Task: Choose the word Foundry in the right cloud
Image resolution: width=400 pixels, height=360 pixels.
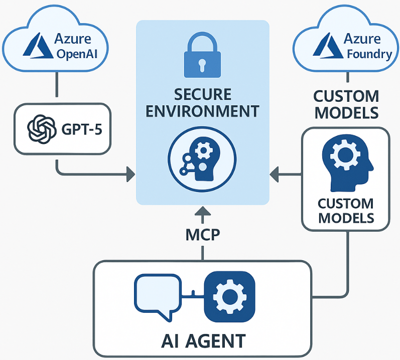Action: (368, 53)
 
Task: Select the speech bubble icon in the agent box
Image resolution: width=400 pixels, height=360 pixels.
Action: (158, 296)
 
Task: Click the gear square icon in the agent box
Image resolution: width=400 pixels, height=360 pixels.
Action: (229, 296)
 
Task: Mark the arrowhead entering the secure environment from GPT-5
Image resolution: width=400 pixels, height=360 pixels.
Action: (130, 174)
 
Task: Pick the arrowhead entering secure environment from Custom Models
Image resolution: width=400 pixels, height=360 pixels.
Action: (274, 174)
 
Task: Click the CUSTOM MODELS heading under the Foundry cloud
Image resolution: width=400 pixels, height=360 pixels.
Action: (346, 104)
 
